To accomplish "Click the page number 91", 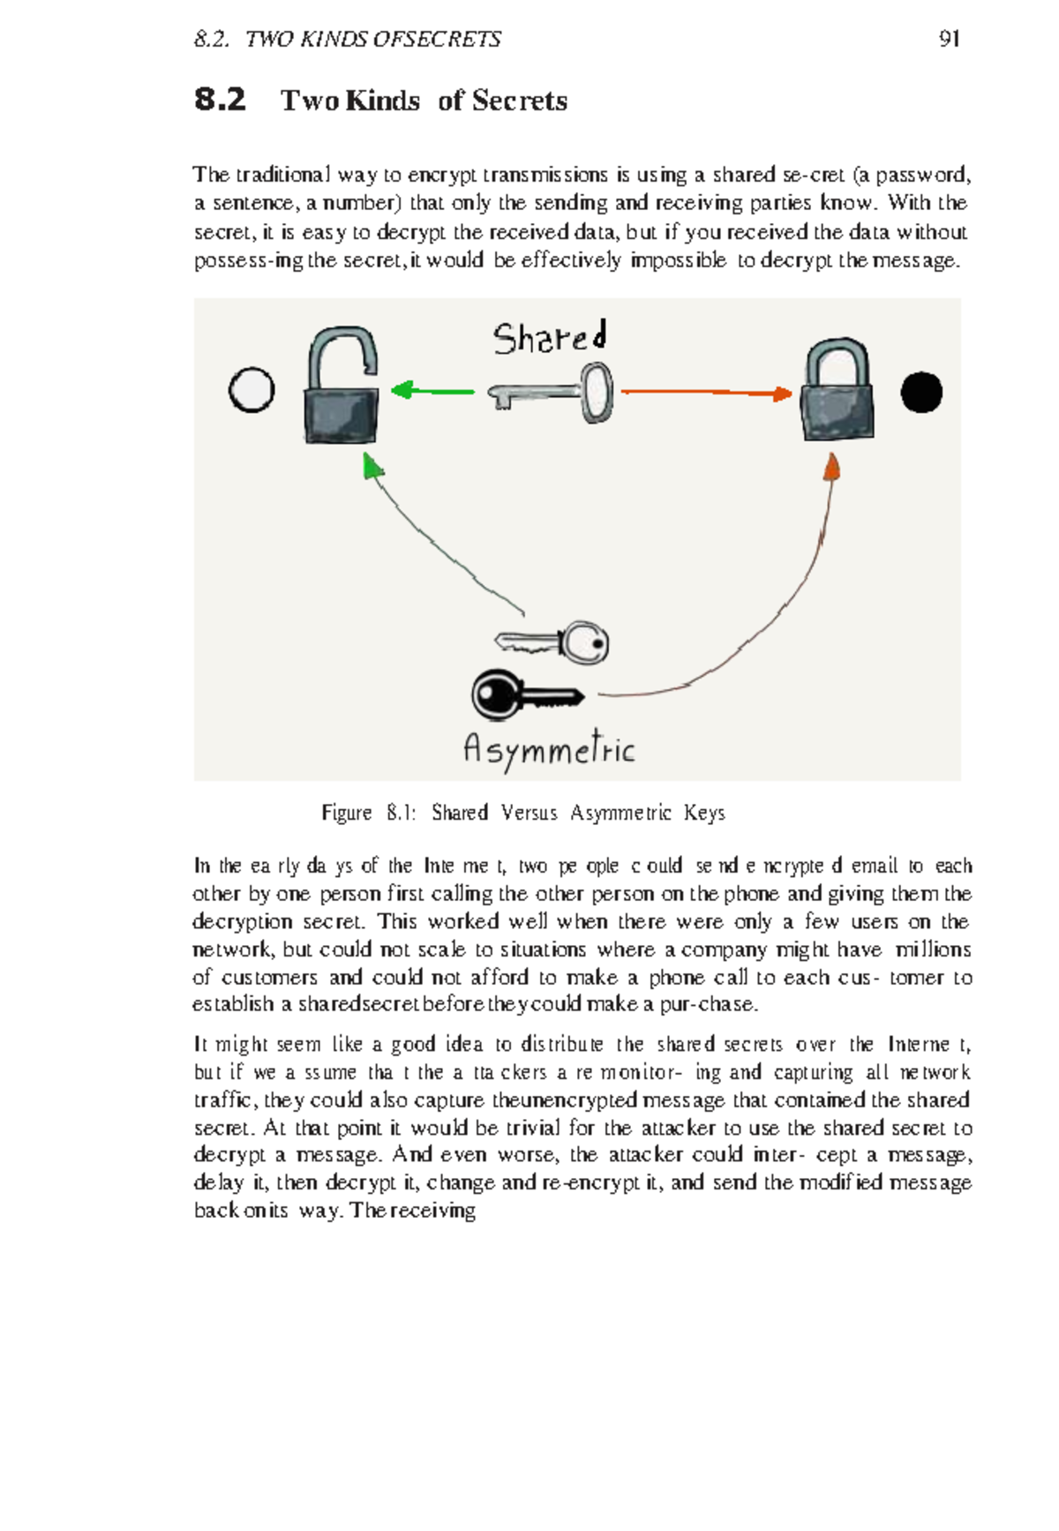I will (950, 39).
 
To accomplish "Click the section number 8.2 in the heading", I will (220, 100).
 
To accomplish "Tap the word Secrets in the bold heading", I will (520, 101).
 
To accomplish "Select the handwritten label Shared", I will (550, 338).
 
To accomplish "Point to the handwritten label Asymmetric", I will (549, 750).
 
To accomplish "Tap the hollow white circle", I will (252, 390).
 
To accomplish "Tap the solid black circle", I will (921, 393).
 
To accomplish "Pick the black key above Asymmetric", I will (524, 695).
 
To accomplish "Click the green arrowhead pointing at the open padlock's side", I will (402, 389).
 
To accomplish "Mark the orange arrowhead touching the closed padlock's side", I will (783, 394).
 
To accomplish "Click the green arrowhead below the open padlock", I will (372, 465).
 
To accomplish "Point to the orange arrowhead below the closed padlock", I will (831, 466).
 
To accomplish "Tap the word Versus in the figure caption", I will (529, 813).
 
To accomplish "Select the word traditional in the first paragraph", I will (282, 175).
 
